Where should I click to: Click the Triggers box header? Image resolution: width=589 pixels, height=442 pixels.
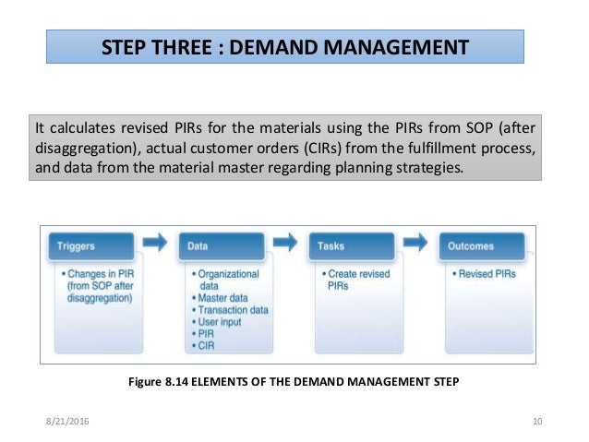click(95, 246)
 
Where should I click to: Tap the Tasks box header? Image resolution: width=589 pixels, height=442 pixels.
click(356, 246)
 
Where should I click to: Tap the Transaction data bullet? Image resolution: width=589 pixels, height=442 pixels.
click(234, 310)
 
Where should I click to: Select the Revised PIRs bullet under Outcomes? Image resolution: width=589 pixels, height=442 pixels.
click(484, 274)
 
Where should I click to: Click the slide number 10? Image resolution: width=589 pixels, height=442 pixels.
click(536, 422)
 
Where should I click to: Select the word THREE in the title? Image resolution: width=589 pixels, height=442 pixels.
click(186, 45)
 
